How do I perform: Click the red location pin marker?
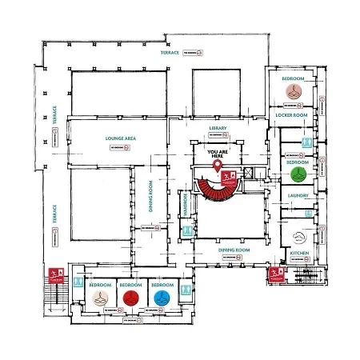point(218,166)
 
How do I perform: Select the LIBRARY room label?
point(218,128)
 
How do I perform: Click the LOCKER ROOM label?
point(292,116)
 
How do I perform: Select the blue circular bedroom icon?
point(162,298)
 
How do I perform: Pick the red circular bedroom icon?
point(131,298)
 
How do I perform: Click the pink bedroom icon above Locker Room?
point(293,91)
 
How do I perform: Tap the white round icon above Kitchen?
point(299,238)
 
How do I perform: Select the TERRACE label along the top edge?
point(170,54)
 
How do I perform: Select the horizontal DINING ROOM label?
point(234,250)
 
